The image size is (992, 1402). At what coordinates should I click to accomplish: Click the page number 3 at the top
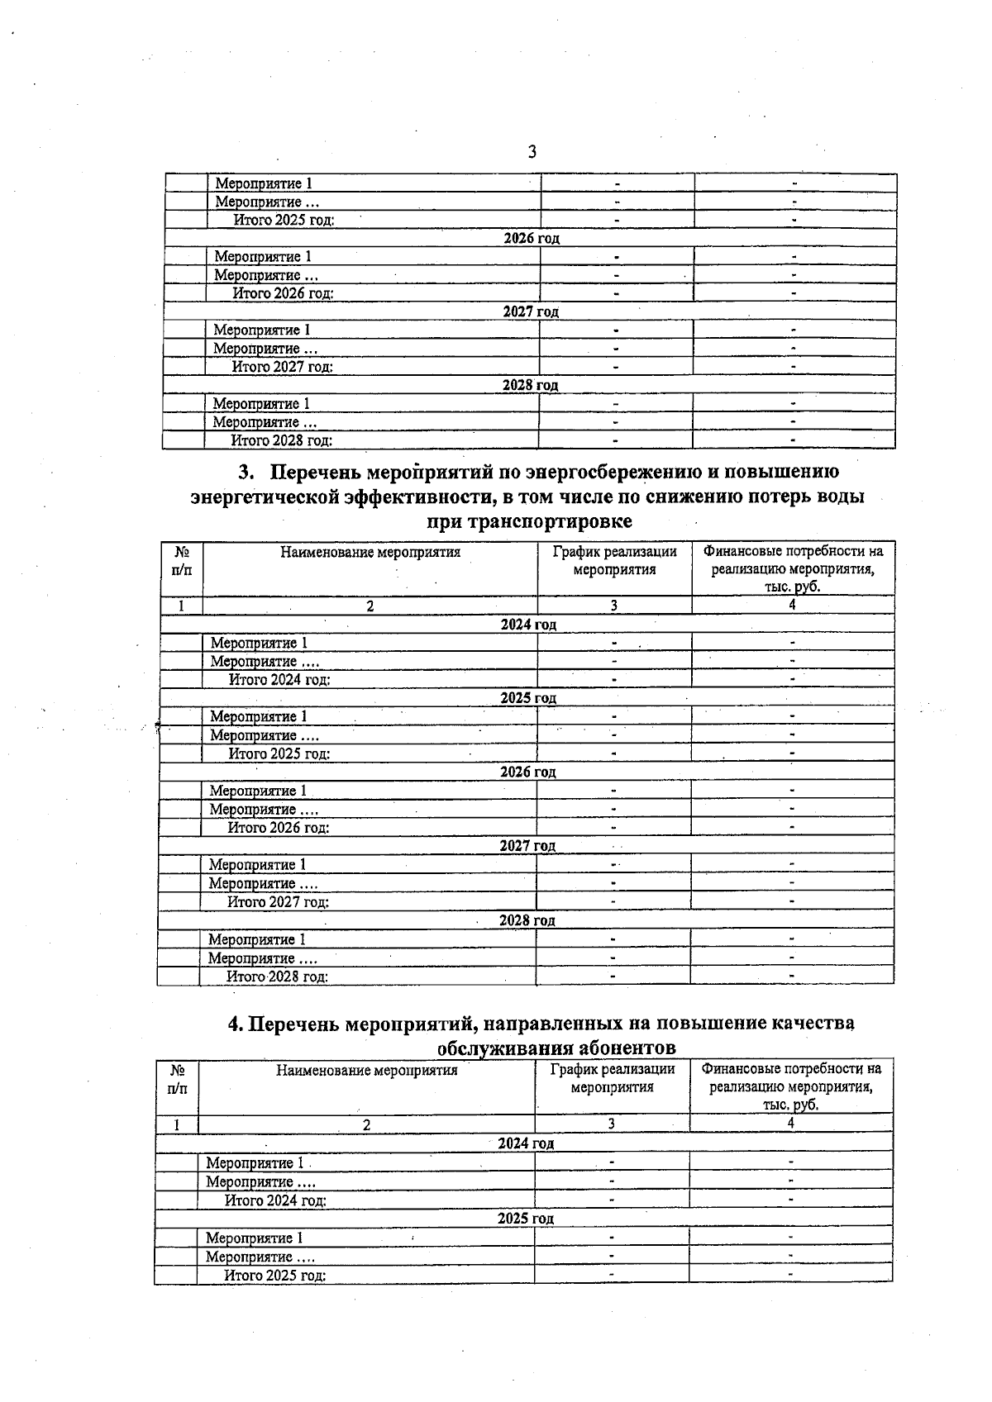coord(532,152)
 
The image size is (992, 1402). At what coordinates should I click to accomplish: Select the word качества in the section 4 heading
coord(813,1024)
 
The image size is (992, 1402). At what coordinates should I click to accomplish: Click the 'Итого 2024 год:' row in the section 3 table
coord(279,680)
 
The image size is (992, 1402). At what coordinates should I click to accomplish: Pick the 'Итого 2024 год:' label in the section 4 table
coord(275,1200)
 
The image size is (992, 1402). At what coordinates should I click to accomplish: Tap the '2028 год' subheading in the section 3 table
coord(527,920)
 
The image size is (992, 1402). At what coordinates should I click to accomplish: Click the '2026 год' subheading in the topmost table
coord(532,239)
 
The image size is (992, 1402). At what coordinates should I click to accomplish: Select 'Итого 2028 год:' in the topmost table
coord(281,441)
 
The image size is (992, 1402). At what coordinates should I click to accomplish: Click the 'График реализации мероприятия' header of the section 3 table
coord(614,560)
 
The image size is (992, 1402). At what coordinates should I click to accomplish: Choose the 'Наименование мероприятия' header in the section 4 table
coord(366,1071)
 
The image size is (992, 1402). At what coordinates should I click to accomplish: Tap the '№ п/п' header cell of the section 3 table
coord(182,560)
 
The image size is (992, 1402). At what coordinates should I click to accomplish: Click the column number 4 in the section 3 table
coord(792,605)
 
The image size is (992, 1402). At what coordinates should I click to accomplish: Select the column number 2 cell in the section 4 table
coord(366,1124)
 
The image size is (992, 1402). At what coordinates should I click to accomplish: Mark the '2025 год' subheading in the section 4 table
coord(525,1219)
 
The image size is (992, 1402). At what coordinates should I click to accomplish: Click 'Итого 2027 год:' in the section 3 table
coord(279,902)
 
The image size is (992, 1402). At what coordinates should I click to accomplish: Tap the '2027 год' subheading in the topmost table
coord(531,312)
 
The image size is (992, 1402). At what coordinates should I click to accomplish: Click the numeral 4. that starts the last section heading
coord(236,1024)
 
